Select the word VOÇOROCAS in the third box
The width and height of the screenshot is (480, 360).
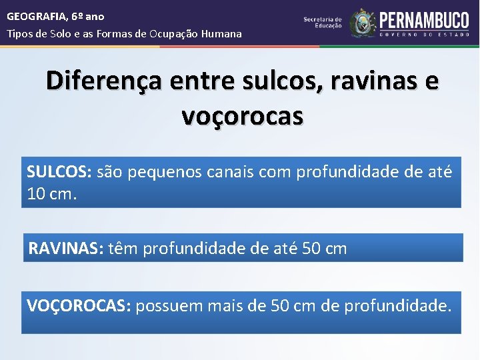(79, 306)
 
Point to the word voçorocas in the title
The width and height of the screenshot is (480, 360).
(243, 116)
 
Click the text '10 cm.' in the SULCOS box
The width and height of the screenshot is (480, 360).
(52, 195)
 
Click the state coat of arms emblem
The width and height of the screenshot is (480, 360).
(363, 23)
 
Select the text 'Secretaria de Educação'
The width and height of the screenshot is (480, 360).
(323, 22)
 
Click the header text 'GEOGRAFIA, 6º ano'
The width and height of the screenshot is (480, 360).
(55, 16)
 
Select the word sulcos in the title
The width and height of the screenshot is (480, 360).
(251, 82)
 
